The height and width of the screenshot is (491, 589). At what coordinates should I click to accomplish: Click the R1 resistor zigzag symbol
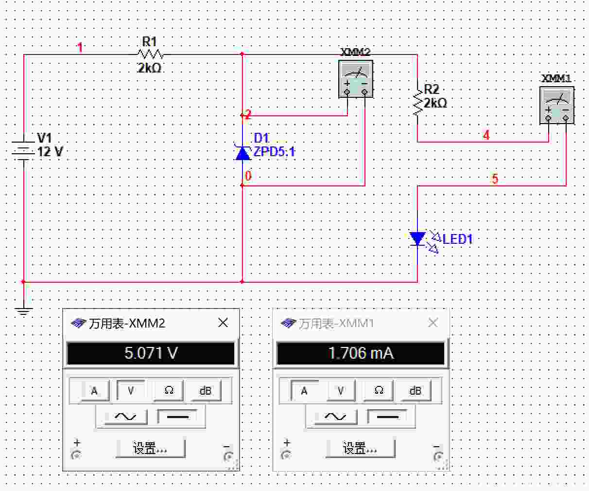[150, 54]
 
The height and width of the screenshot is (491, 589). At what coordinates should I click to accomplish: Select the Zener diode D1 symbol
[243, 153]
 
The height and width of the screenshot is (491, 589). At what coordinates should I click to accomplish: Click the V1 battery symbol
[23, 150]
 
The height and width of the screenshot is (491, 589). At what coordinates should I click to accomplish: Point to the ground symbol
[24, 311]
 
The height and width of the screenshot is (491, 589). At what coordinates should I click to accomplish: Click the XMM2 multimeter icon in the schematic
[356, 79]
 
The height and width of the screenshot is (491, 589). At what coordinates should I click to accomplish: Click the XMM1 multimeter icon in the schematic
[557, 105]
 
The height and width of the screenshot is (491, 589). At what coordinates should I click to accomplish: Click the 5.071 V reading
[151, 353]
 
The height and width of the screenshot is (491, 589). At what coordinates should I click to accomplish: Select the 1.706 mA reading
[361, 353]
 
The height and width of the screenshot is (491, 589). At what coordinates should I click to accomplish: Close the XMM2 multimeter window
[223, 323]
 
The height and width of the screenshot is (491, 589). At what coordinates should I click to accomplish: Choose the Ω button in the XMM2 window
[169, 391]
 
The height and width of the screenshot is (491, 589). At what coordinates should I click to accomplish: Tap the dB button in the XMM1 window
[415, 391]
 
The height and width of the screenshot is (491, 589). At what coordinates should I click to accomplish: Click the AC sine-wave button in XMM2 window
[125, 417]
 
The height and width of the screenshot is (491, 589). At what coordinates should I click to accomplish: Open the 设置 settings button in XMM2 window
[151, 448]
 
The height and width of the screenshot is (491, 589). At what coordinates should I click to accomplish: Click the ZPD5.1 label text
[274, 152]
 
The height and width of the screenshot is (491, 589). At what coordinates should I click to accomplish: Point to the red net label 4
[486, 135]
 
